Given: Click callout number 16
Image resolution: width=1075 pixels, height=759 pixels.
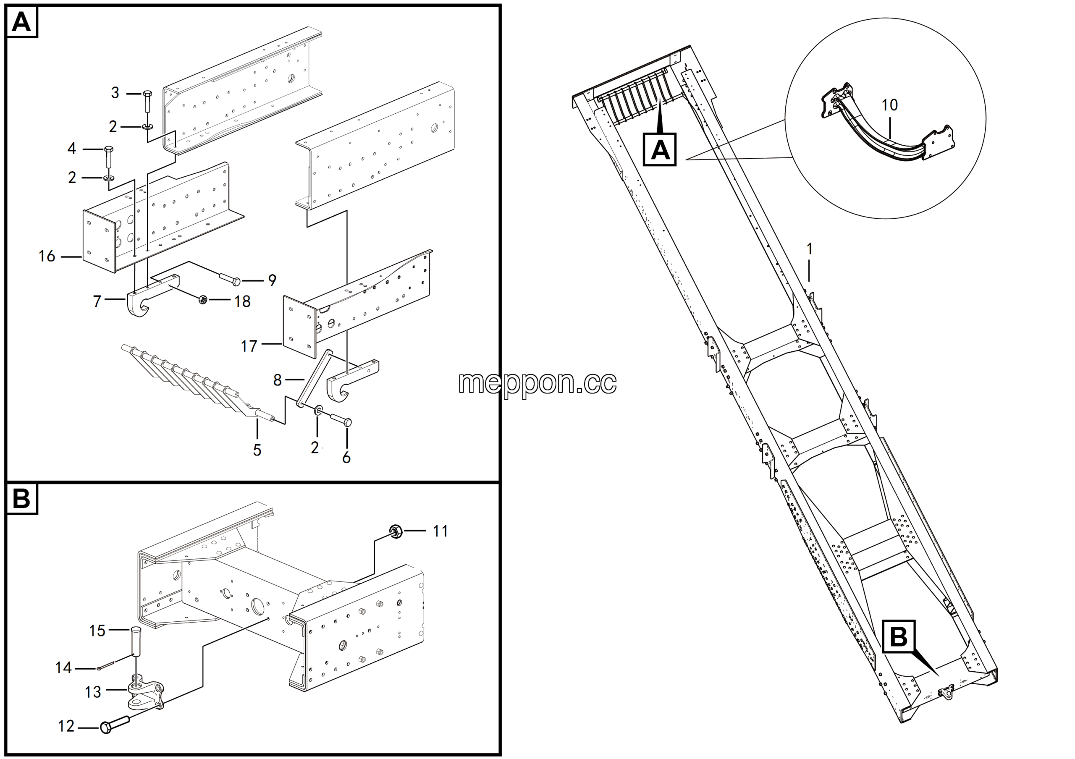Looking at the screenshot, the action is (47, 256).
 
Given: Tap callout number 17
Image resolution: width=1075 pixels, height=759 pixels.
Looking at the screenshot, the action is (249, 346).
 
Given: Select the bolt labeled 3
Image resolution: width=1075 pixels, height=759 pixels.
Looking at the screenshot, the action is (147, 101).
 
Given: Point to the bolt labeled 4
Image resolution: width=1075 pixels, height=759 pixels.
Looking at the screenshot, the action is (109, 157).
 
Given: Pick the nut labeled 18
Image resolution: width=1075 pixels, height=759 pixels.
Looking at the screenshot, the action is (203, 299).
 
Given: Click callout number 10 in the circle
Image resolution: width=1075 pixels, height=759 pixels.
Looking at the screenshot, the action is (889, 105).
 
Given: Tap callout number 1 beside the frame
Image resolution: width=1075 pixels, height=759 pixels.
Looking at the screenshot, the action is (810, 249).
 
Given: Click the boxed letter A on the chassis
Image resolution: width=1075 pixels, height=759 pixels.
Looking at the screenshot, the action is (660, 150).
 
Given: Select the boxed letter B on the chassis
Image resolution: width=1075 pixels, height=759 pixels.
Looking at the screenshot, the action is (899, 636).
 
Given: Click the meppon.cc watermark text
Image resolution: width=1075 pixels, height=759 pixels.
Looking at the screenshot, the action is (537, 383).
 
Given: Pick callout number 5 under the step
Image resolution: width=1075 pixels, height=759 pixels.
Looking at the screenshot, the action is (257, 450).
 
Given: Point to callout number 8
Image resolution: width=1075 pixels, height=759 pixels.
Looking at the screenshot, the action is (277, 380).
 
